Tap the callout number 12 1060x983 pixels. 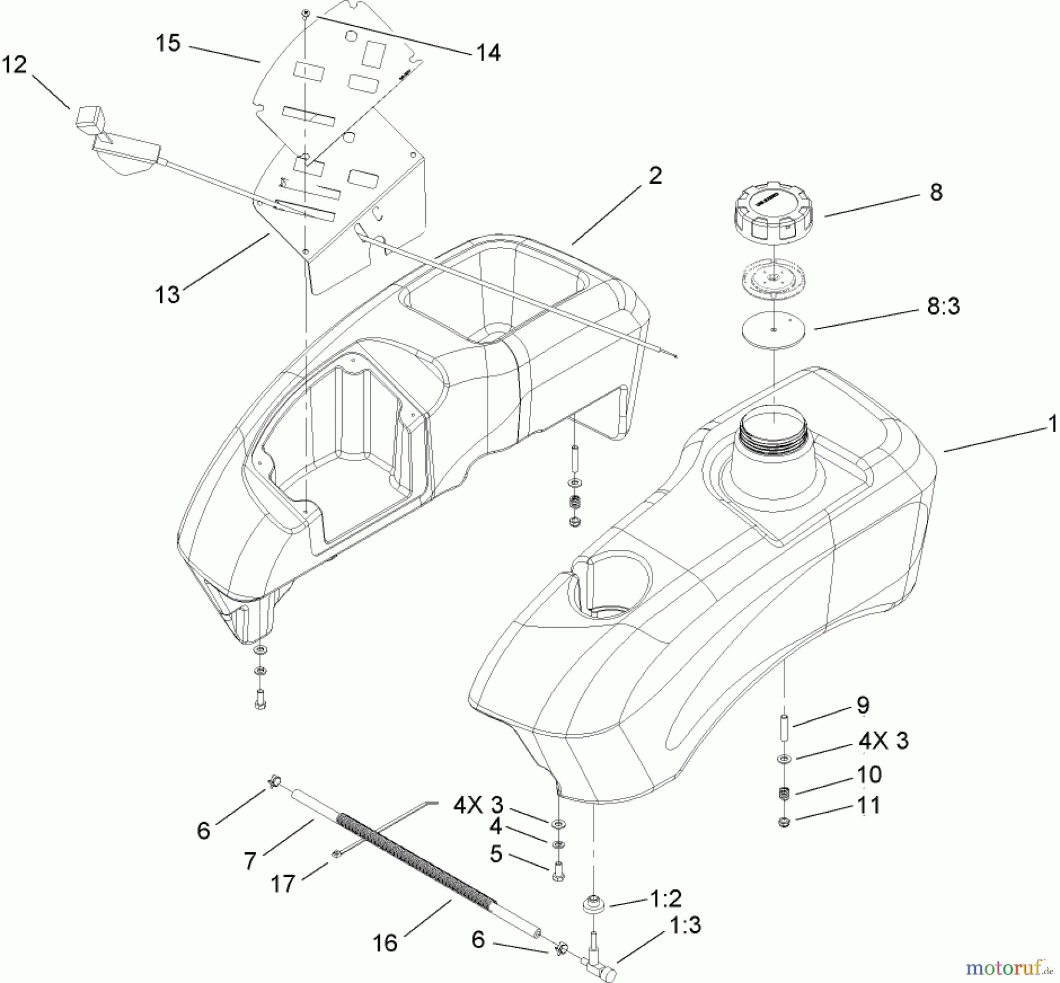coord(15,64)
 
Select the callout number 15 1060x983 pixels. coord(168,44)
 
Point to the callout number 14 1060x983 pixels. coord(488,53)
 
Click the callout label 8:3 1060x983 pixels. coord(943,306)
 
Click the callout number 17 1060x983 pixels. coord(282,883)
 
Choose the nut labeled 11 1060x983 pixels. coord(784,822)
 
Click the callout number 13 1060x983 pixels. coord(167,294)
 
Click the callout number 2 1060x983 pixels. coord(655,176)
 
